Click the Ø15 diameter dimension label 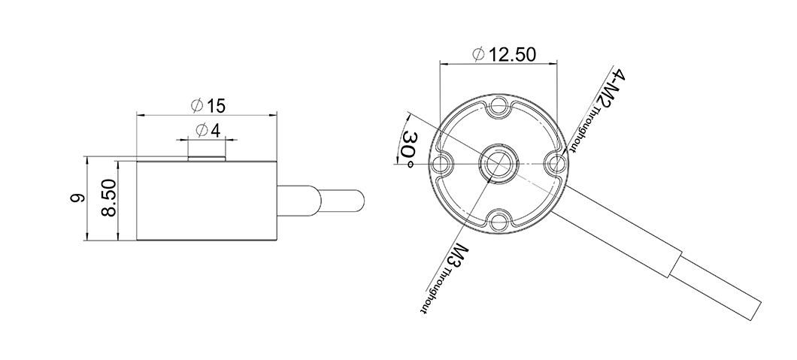(208, 106)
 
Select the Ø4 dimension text (208, 131)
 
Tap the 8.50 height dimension (109, 198)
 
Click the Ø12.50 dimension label (504, 54)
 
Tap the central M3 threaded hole (499, 163)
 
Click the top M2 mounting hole (499, 107)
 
